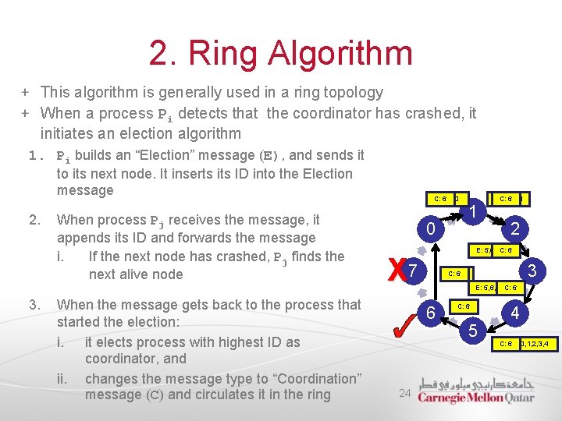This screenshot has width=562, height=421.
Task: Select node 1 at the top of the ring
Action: pos(473,212)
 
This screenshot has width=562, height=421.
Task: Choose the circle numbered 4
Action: pos(515,313)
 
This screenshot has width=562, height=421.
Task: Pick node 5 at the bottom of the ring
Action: pos(473,331)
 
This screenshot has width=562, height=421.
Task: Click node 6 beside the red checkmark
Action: pos(432,313)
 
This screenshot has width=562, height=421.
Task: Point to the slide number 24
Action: pos(404,394)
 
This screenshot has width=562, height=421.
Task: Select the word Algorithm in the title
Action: pos(340,53)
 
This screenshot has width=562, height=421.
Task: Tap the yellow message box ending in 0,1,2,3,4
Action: pos(525,344)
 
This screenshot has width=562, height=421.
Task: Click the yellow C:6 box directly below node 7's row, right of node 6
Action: pos(464,306)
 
